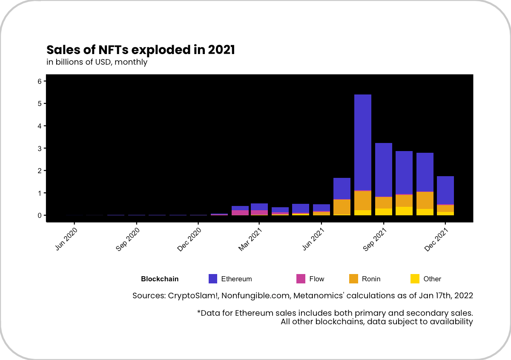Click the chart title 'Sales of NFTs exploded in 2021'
click(x=141, y=50)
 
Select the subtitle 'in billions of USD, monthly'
click(x=97, y=62)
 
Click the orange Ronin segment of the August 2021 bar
click(x=363, y=200)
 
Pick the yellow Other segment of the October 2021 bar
click(x=404, y=211)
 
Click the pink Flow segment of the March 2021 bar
click(x=259, y=212)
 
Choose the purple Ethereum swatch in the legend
click(x=213, y=279)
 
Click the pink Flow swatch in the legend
click(x=301, y=279)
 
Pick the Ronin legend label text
click(x=371, y=279)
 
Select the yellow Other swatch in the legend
click(x=415, y=279)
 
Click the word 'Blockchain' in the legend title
click(x=160, y=279)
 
